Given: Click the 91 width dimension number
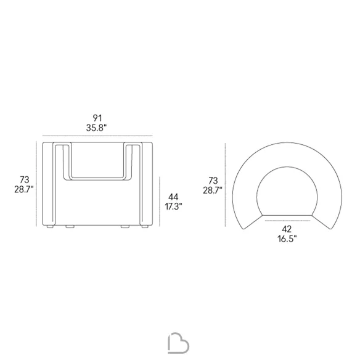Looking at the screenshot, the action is coord(97,118).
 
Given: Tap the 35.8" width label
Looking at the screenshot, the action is coord(96,128).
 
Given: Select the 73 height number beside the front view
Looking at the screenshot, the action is coord(24,179).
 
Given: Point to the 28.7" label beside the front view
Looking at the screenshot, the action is coord(24,189).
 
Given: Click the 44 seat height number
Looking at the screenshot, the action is coord(173,197).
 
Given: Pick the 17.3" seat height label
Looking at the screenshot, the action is coord(173,207).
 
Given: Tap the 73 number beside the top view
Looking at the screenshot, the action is coord(213,181).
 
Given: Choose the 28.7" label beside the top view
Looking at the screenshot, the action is coord(213,190).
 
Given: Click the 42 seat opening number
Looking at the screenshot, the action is coord(287,229).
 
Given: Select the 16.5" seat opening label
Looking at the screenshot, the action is coord(287,239).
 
